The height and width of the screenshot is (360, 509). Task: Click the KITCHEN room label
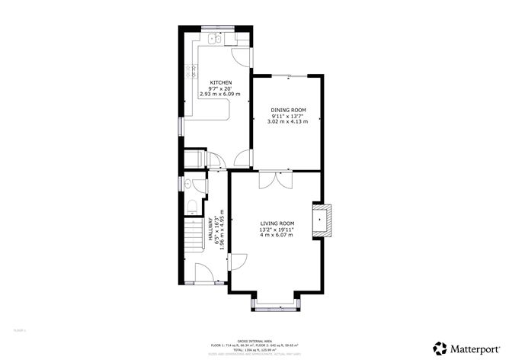(221, 82)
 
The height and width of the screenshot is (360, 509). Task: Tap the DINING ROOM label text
(287, 110)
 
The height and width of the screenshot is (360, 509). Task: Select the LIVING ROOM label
(277, 223)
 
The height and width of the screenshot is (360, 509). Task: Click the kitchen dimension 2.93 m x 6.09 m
(220, 94)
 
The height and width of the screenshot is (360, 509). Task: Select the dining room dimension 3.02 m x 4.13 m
(287, 121)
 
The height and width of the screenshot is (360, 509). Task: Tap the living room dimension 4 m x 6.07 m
(277, 235)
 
